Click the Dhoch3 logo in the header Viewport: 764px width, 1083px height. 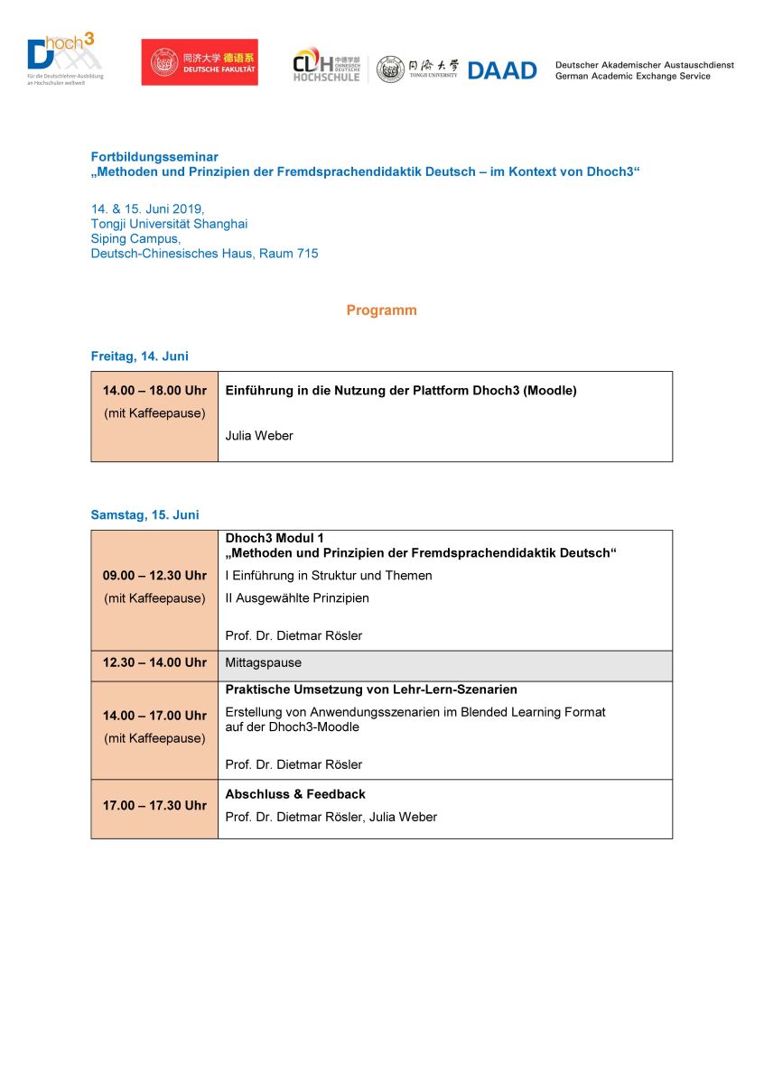click(63, 60)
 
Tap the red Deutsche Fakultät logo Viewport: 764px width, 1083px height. click(200, 62)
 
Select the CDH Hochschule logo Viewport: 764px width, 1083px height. click(326, 65)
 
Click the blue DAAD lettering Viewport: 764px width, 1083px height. click(502, 70)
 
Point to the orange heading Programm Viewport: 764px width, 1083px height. click(381, 310)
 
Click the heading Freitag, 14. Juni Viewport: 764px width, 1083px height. click(139, 356)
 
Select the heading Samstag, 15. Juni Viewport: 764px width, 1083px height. click(144, 515)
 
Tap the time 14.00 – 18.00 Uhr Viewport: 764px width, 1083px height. click(154, 391)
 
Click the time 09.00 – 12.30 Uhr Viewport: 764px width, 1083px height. click(154, 576)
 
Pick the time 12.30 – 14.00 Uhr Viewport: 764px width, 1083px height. click(154, 662)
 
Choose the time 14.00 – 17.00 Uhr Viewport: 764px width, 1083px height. click(154, 716)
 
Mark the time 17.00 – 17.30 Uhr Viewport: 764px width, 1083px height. click(154, 806)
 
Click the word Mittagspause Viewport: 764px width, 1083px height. click(263, 662)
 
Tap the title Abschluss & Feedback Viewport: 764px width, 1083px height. click(295, 794)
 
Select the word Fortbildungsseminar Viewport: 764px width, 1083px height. click(154, 157)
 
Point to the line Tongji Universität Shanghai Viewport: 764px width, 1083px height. click(169, 224)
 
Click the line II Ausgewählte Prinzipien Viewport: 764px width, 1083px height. click(297, 597)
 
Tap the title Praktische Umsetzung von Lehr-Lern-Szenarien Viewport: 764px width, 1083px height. click(371, 690)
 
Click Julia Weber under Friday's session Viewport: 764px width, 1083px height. click(259, 436)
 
